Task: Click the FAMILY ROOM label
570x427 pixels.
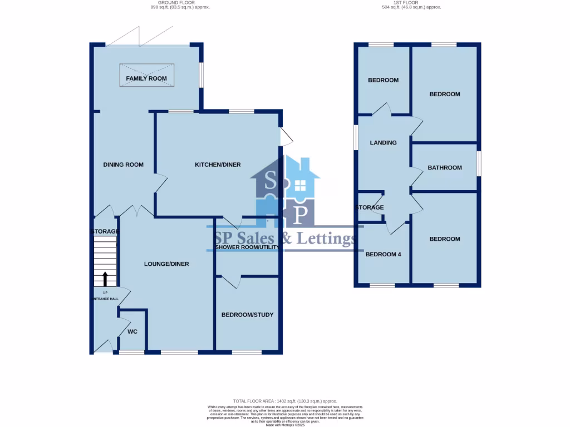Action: pos(146,79)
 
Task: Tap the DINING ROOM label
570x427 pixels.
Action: pos(124,165)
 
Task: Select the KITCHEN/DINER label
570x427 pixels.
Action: pos(218,165)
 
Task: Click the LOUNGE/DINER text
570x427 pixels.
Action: pos(167,264)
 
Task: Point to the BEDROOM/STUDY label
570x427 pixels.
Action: pos(248,315)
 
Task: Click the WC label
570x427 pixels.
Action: pos(132,332)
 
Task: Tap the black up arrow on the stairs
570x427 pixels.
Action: pos(105,279)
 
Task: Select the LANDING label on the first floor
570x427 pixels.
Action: pos(384,143)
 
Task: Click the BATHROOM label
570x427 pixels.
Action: pos(445,168)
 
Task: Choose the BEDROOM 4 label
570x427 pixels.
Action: pos(384,255)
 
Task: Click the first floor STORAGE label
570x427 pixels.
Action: pos(370,208)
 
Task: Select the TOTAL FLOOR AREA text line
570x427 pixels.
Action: pos(285,401)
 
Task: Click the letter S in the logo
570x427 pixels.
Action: pos(271,181)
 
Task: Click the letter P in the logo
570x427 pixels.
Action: pos(301,213)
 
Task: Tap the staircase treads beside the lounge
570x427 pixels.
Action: pos(105,253)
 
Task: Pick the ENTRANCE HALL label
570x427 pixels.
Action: pos(105,299)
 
